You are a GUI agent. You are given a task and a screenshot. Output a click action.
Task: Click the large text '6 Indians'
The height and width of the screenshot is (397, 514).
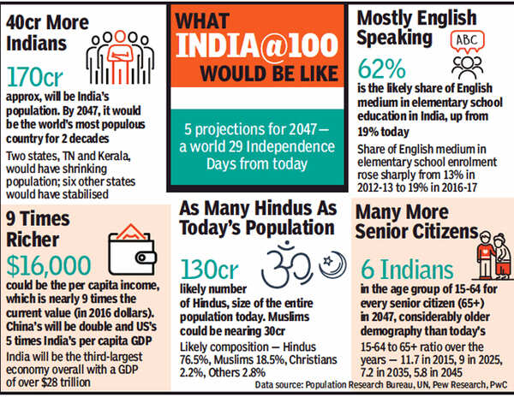click(x=399, y=270)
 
